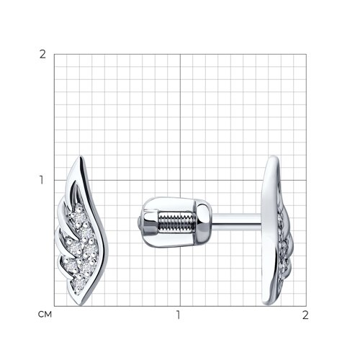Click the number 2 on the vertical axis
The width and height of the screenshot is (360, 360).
42,55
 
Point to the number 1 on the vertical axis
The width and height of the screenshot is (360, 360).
42,180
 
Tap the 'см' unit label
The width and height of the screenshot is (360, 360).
45,315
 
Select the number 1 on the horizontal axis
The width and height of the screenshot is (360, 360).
178,315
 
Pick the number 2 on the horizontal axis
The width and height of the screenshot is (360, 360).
305,315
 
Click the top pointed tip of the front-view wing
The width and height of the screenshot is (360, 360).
81,156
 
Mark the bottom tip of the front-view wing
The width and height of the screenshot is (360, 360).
81,305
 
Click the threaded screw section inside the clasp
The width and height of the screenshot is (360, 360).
175,222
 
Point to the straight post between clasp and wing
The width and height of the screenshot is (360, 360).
236,222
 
